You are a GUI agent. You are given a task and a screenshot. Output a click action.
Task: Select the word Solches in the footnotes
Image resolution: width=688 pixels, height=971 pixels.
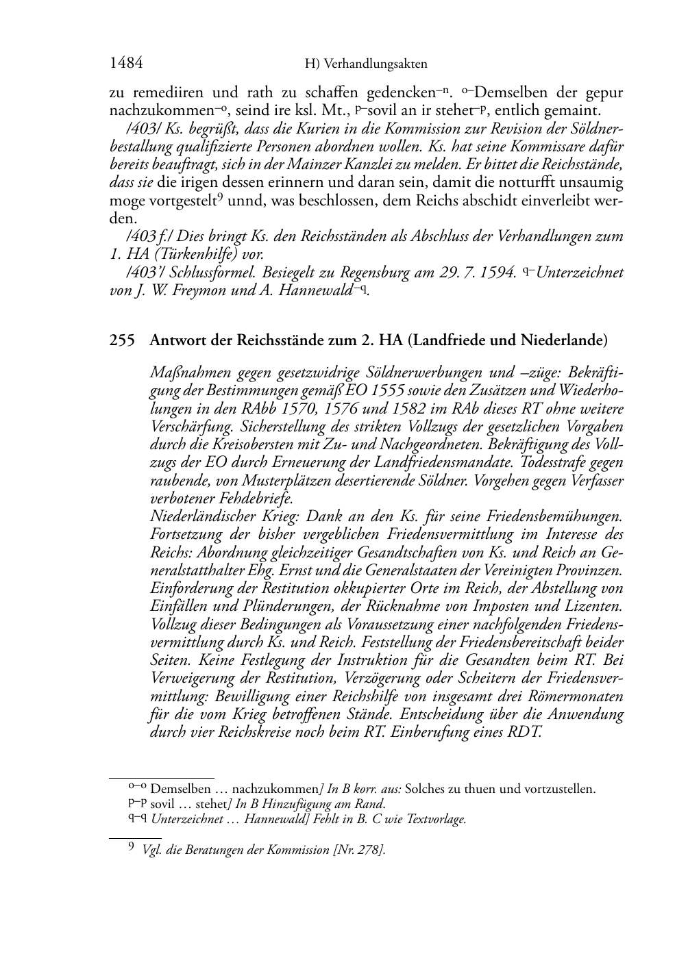424,789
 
